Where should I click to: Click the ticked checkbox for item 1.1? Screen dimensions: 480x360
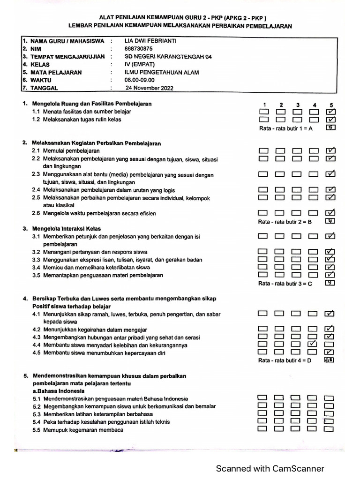(x=330, y=112)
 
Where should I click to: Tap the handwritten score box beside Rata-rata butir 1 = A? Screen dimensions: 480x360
(x=330, y=127)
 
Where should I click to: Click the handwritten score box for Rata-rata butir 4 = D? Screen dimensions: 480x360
(x=329, y=360)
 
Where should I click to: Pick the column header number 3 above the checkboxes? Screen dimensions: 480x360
(x=297, y=105)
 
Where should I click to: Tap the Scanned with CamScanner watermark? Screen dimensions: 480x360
(x=270, y=468)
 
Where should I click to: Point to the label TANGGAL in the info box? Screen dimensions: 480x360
(x=44, y=88)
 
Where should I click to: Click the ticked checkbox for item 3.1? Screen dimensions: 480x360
(x=330, y=236)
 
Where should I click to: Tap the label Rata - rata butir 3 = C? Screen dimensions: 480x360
(x=285, y=284)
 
